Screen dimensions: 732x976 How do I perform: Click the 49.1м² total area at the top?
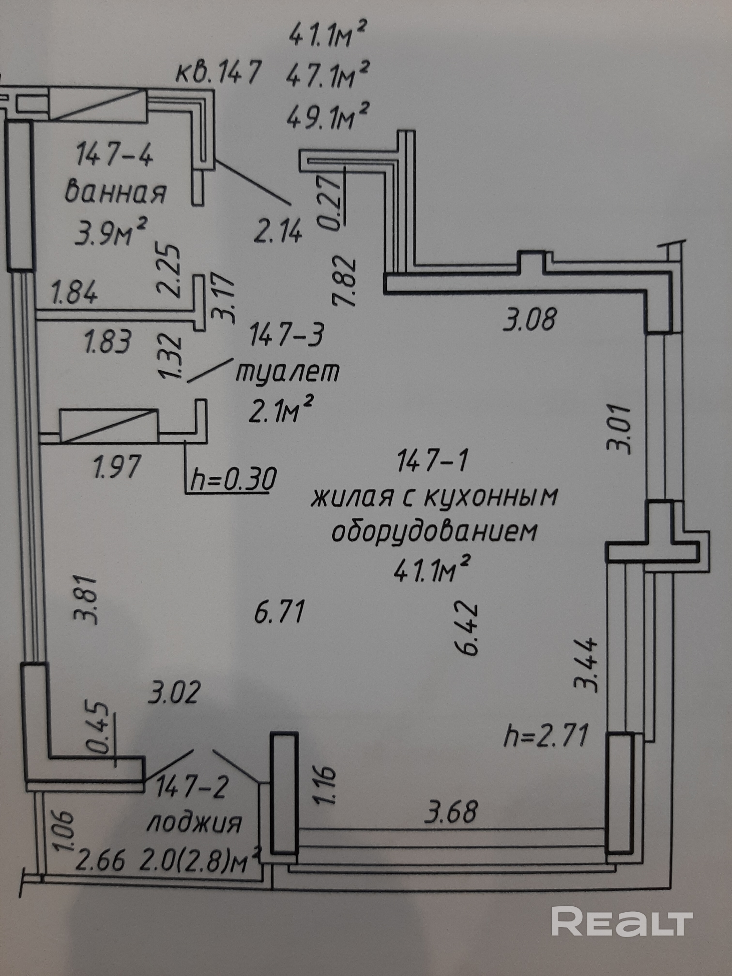coord(328,116)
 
